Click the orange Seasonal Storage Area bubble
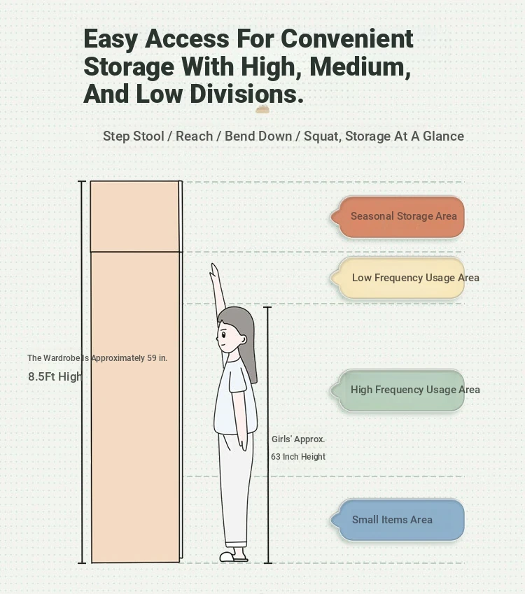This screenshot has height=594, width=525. (x=398, y=217)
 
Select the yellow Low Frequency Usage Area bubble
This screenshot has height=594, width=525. (x=398, y=278)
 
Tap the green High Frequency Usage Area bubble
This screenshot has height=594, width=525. (x=398, y=390)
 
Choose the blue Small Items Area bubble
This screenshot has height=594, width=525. (x=398, y=520)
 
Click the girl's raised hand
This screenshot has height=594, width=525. (x=214, y=271)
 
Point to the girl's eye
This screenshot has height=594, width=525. (x=223, y=334)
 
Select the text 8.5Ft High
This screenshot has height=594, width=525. (x=55, y=376)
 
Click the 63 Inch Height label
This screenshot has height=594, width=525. (x=298, y=457)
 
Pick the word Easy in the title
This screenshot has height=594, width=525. (x=111, y=40)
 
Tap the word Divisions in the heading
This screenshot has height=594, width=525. (x=246, y=94)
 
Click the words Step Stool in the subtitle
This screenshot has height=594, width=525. (x=134, y=136)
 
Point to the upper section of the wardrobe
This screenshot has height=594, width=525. (x=135, y=216)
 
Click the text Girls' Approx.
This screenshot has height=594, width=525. (x=298, y=439)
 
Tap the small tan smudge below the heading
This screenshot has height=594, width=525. (x=262, y=109)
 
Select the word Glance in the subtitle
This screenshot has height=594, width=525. (x=443, y=136)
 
